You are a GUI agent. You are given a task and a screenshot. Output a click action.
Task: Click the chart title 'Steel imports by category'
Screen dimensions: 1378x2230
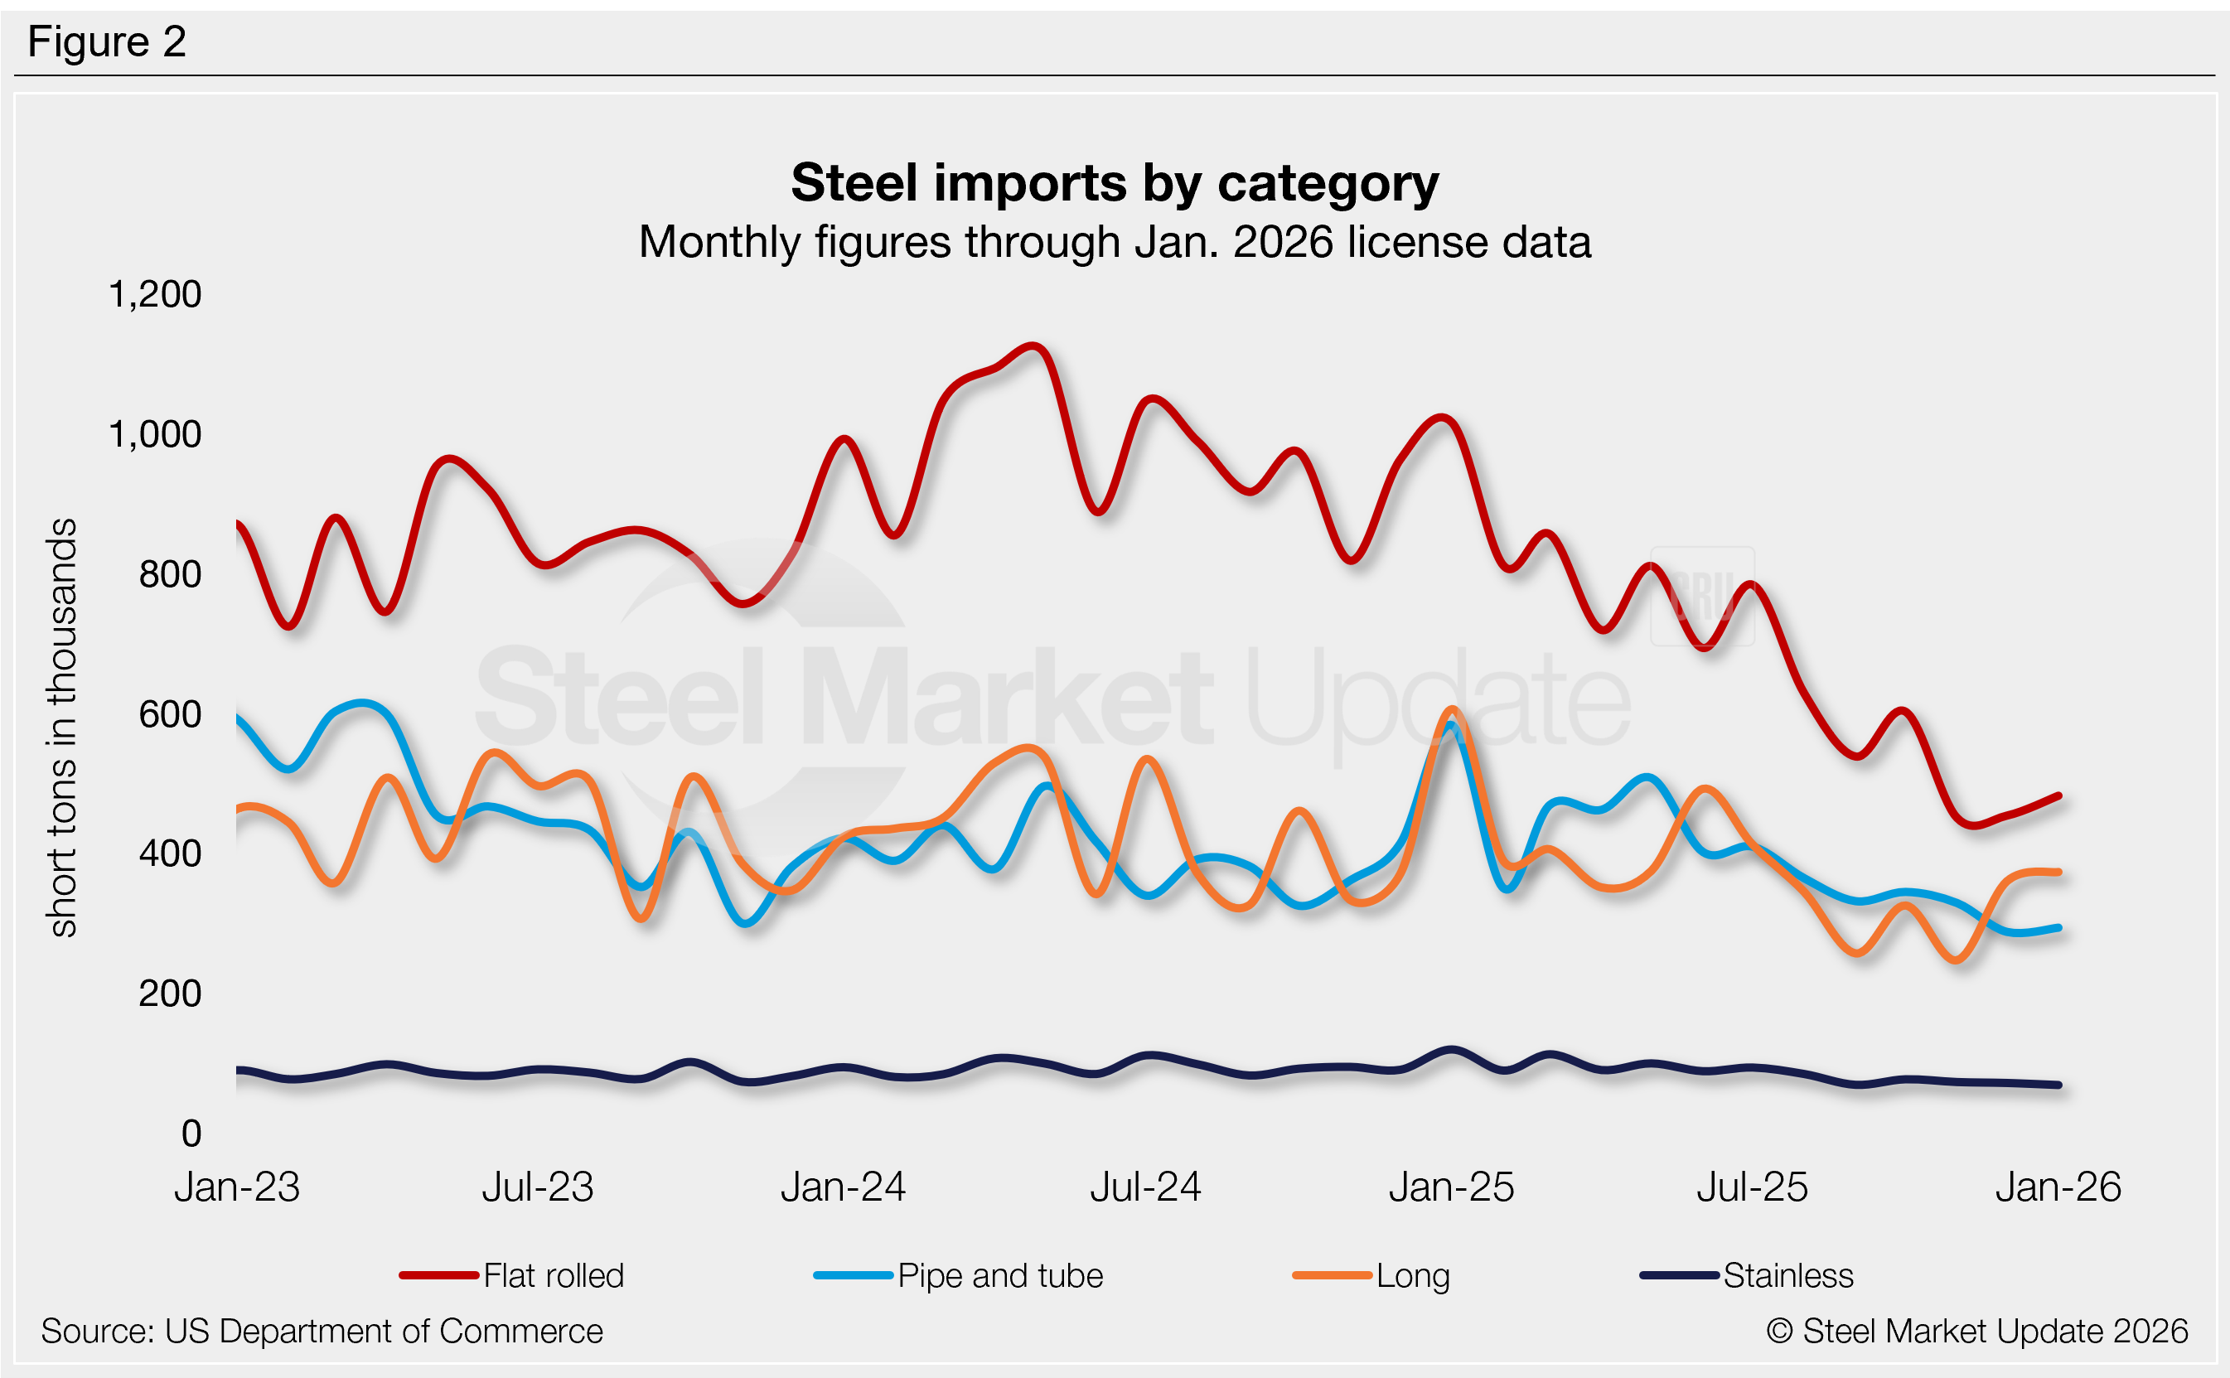pyautogui.click(x=1114, y=183)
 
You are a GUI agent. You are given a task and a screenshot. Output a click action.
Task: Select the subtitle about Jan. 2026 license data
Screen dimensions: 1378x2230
pyautogui.click(x=1114, y=243)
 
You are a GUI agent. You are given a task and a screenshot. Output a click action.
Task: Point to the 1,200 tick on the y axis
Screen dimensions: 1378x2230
pyautogui.click(x=154, y=294)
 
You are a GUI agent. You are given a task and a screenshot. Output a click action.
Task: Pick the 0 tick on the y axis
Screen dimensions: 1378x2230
pyautogui.click(x=191, y=1134)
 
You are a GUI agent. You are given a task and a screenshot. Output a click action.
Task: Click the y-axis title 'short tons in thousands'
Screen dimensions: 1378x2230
pyautogui.click(x=62, y=728)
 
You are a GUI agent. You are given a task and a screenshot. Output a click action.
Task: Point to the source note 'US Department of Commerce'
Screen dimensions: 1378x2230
pyautogui.click(x=322, y=1332)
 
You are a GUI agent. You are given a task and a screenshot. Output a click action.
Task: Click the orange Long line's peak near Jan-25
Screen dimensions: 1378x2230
pyautogui.click(x=1453, y=709)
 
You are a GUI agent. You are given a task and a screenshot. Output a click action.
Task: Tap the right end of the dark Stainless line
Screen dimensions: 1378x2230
pyautogui.click(x=2058, y=1085)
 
